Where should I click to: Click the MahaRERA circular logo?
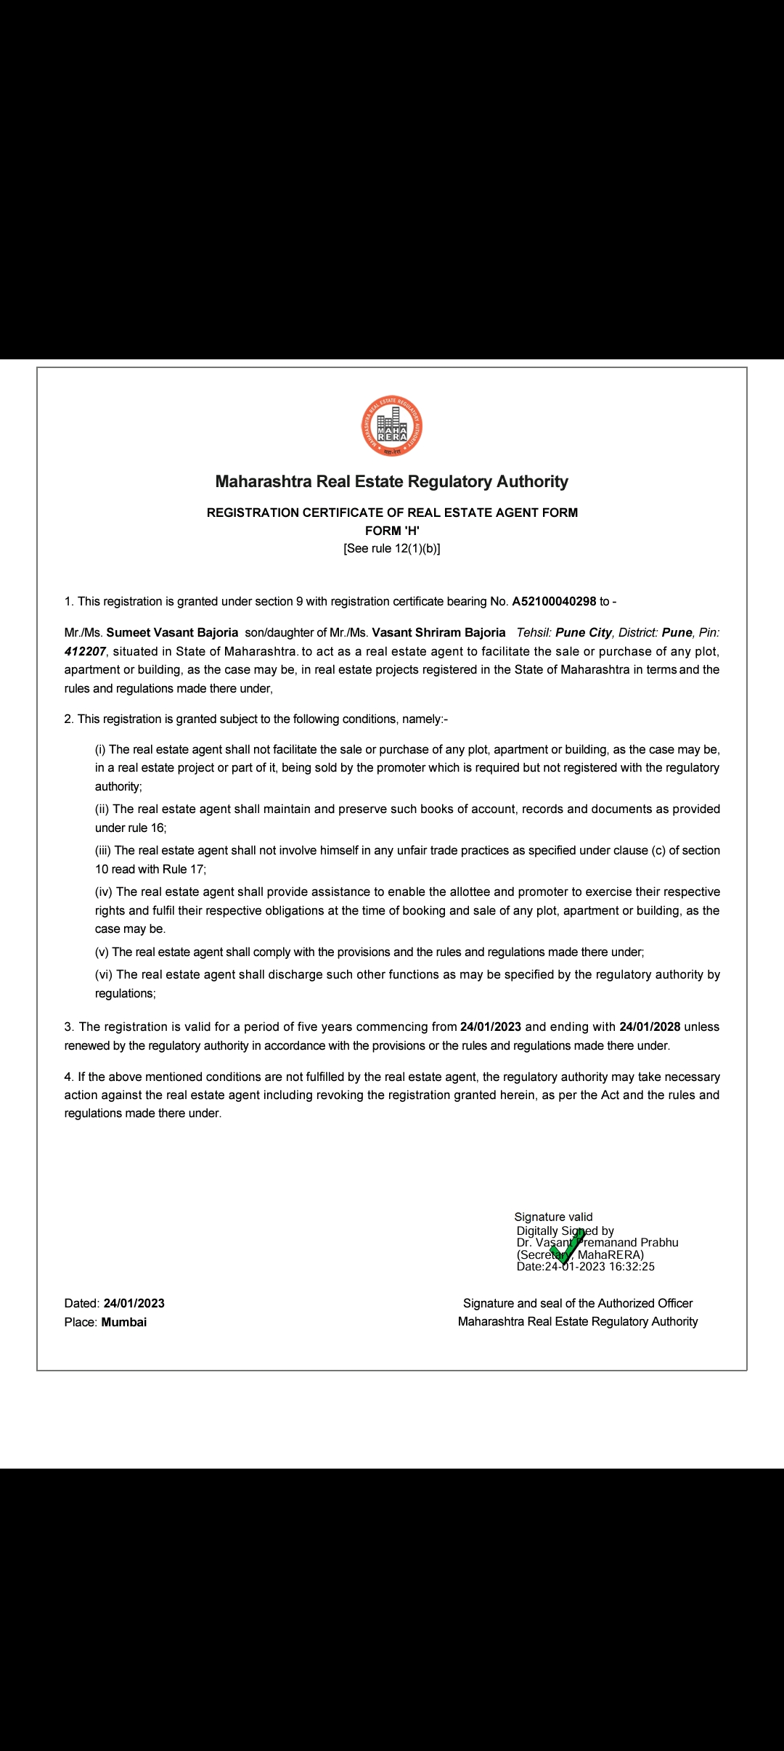(x=392, y=426)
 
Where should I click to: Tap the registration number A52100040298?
(x=554, y=601)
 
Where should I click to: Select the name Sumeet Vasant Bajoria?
(x=172, y=632)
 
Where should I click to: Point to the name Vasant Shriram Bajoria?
(x=438, y=632)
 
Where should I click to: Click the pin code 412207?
(x=85, y=651)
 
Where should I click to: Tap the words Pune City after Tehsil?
(x=584, y=632)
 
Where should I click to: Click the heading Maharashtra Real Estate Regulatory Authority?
(x=392, y=481)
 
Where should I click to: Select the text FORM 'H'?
(x=392, y=531)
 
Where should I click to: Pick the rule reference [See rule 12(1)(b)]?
(x=392, y=549)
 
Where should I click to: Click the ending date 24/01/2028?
(x=650, y=1026)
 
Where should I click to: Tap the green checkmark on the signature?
(x=567, y=1246)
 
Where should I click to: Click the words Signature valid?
(x=553, y=1217)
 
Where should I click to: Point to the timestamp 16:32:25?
(x=632, y=1267)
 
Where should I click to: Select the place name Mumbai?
(x=124, y=1322)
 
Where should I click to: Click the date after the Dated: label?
(x=134, y=1303)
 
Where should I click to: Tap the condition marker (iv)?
(x=104, y=891)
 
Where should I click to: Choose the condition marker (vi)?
(x=104, y=974)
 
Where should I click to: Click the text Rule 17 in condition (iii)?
(x=183, y=869)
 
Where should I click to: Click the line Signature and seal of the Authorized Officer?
(x=578, y=1303)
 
